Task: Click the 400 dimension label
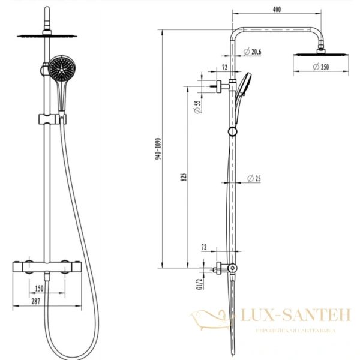(x=277, y=10)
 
